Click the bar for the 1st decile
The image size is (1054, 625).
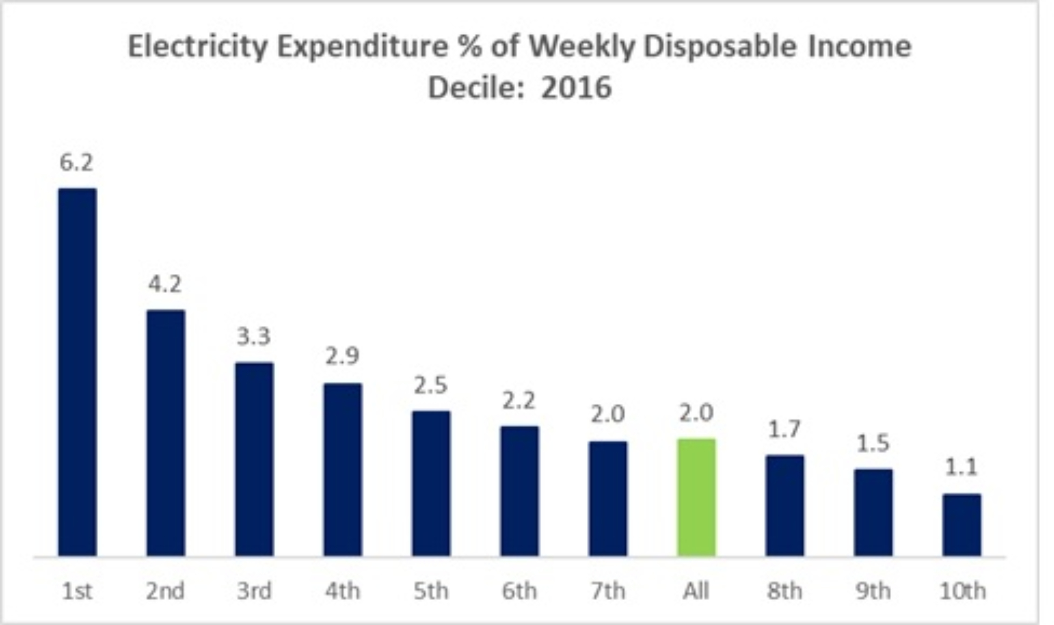[78, 372]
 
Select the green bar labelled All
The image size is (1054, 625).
[696, 497]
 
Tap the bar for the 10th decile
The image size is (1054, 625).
[962, 525]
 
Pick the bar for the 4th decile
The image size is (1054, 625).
[343, 469]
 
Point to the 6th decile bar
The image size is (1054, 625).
[519, 491]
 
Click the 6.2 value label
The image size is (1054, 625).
[76, 163]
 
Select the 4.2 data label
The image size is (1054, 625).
[165, 285]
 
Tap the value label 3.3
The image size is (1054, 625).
[253, 336]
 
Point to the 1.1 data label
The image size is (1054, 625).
[961, 467]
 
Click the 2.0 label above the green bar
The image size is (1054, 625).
[696, 413]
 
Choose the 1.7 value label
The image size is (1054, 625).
[785, 430]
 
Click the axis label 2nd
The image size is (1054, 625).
[165, 591]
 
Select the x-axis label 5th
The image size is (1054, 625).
[431, 591]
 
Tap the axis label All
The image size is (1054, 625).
[696, 591]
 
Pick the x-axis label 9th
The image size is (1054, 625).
[873, 591]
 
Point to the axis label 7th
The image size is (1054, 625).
[608, 591]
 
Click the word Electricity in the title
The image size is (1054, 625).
[198, 47]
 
